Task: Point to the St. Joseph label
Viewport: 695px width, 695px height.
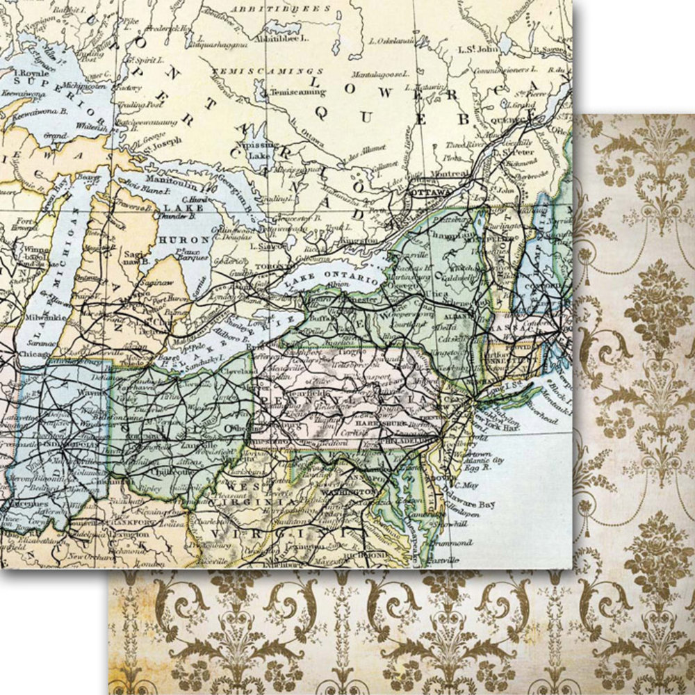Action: click(163, 141)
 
